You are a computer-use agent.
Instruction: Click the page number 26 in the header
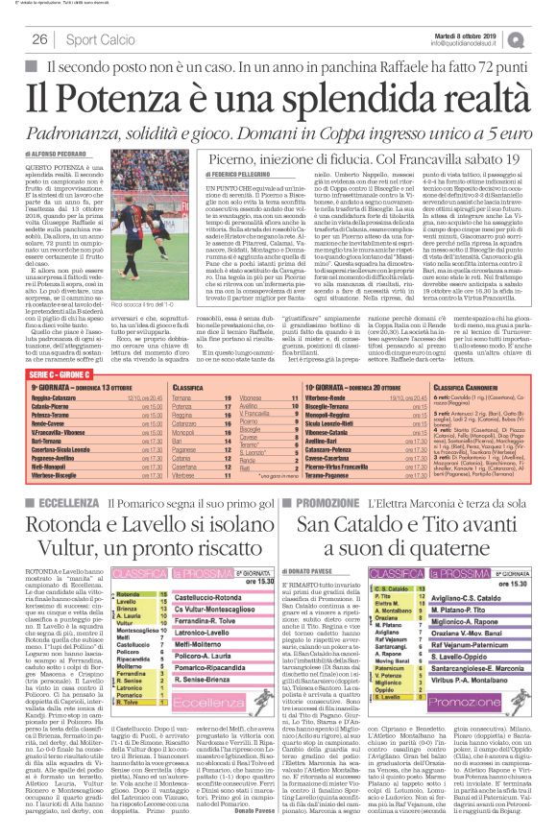[40, 39]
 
